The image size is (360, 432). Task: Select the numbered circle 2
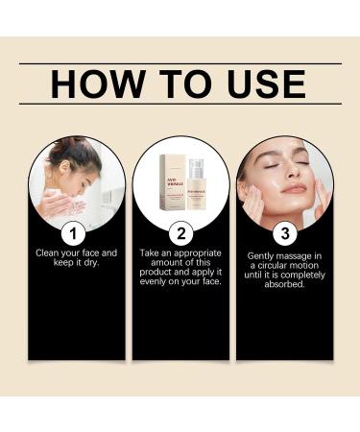tap(180, 232)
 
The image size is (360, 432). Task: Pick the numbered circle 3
tap(283, 232)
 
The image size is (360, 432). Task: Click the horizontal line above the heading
tap(180, 63)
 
